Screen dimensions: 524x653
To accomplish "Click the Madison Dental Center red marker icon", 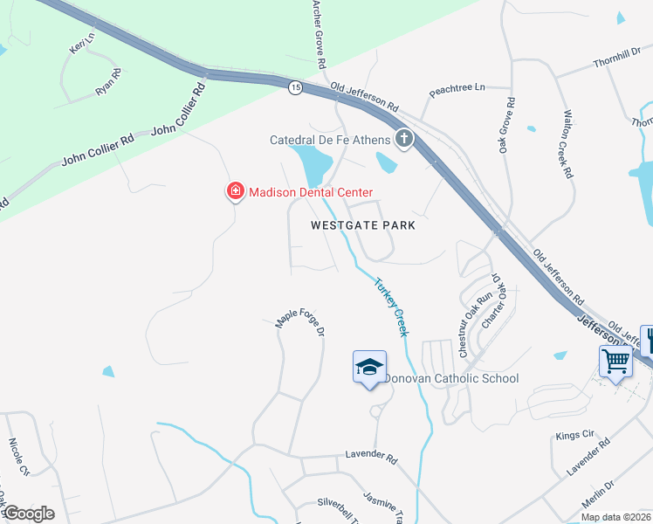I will pyautogui.click(x=235, y=191).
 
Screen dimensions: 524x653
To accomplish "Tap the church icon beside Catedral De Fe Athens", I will pyautogui.click(x=403, y=138).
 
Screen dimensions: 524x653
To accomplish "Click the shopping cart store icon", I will pyautogui.click(x=615, y=360).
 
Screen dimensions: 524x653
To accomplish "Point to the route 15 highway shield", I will pyautogui.click(x=295, y=86).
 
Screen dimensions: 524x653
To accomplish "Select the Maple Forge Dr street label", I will pyautogui.click(x=300, y=321).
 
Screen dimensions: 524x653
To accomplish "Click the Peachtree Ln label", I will pyautogui.click(x=457, y=89).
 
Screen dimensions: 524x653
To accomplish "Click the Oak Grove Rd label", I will pyautogui.click(x=506, y=126).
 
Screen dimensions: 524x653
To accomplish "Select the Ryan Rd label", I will pyautogui.click(x=108, y=83).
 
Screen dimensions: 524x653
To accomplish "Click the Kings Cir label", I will pyautogui.click(x=574, y=434).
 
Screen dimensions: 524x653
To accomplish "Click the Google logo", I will pyautogui.click(x=28, y=514).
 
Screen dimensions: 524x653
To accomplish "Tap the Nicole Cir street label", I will pyautogui.click(x=19, y=457).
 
